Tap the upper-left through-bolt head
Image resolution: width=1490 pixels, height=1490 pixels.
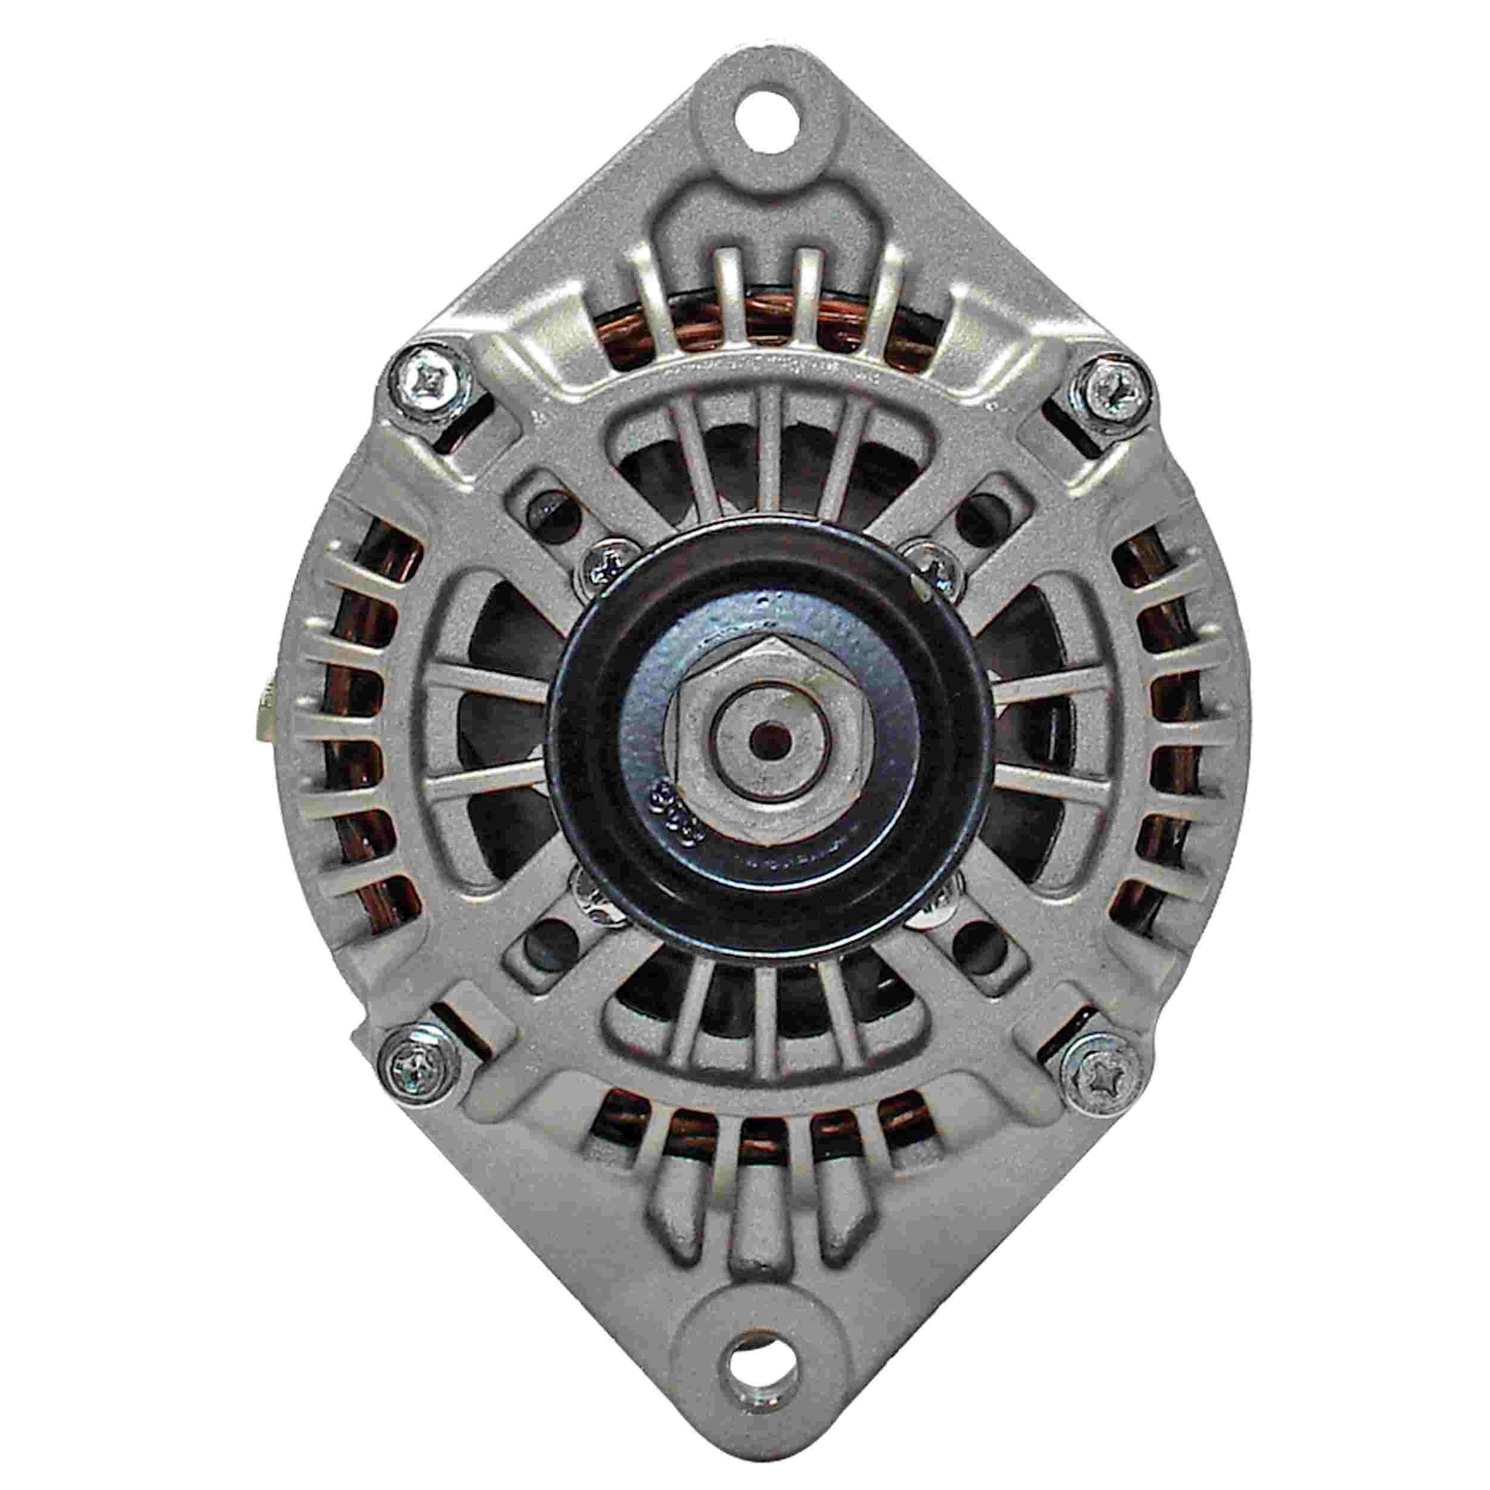[x=429, y=380]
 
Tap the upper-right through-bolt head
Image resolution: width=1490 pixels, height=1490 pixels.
[x=1107, y=383]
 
